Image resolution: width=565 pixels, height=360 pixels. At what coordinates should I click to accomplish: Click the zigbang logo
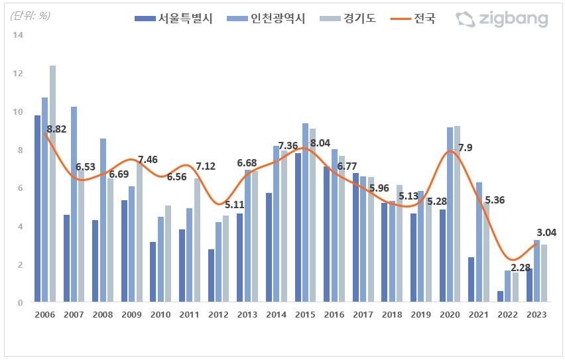502,19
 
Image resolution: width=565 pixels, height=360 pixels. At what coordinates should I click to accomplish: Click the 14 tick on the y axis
19,35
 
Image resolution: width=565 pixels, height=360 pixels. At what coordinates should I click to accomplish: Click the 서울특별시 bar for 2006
38,209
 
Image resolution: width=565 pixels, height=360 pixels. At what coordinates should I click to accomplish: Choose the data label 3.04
546,232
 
